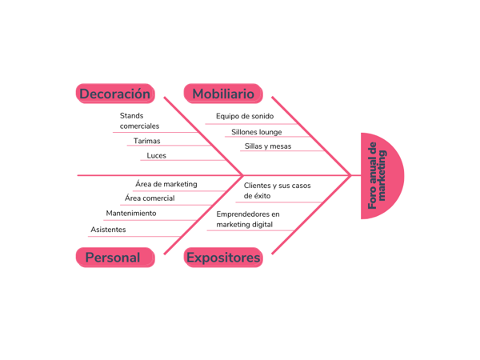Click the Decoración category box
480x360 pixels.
point(114,94)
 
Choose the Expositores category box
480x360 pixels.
point(223,258)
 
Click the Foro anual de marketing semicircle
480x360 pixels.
point(381,176)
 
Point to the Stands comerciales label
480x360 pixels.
point(139,121)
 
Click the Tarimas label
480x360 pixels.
point(146,141)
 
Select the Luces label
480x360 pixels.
point(156,155)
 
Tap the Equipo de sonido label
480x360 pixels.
point(244,116)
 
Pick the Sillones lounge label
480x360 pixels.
point(256,132)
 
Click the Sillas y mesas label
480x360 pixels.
point(267,146)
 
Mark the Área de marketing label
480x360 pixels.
point(166,184)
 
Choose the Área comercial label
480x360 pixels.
point(149,198)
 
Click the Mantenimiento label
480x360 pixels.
point(131,214)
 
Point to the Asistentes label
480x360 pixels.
point(108,230)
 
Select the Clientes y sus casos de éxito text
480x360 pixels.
point(277,190)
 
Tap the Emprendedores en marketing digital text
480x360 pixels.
point(247,219)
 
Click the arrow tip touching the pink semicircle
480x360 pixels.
point(350,175)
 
